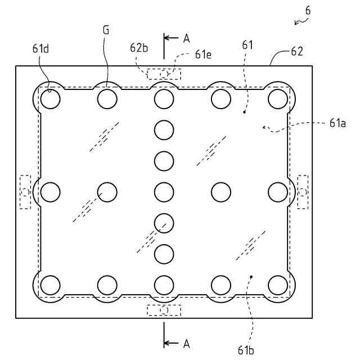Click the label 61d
(40, 48)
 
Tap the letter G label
(106, 29)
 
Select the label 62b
(139, 48)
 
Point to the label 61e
(204, 55)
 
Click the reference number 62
(297, 52)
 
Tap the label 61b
(246, 350)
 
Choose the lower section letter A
(187, 343)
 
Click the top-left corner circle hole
(50, 99)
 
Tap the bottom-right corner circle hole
(278, 285)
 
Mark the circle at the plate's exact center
(164, 192)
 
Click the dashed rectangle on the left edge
(25, 192)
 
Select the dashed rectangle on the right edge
(303, 192)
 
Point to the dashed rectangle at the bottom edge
(164, 310)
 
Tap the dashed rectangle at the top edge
(164, 74)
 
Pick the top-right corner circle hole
(278, 99)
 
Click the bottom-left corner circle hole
(50, 285)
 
